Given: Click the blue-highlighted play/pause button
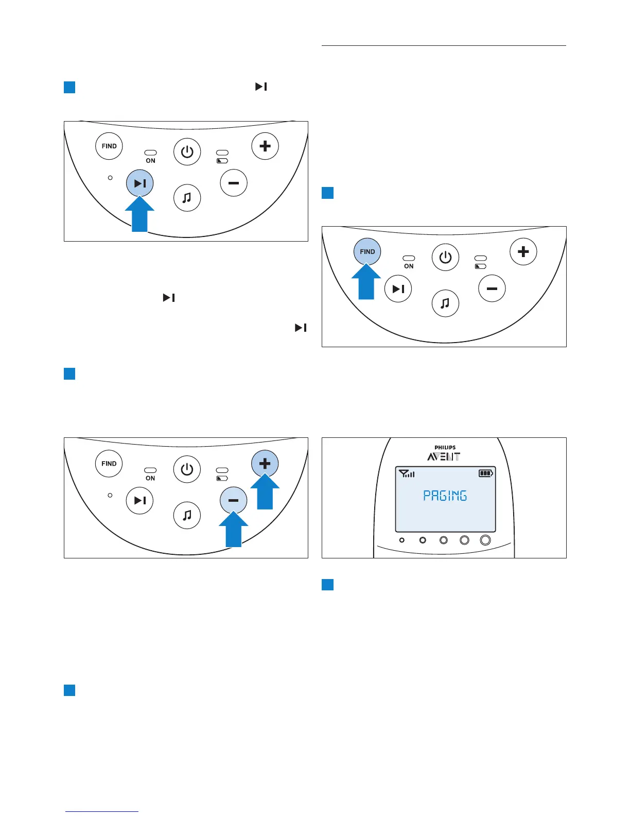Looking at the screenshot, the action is coord(140,183).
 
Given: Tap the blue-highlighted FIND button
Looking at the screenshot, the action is coord(367,252).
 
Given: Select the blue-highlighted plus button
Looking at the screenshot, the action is coord(265,463).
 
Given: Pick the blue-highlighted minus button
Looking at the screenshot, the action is coord(234,500).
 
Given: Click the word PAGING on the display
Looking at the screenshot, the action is coord(445,496).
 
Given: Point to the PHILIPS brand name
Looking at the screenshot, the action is coord(445,448).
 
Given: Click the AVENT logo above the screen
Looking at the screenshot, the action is coord(444,456).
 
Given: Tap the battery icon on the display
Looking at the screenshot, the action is coord(485,473).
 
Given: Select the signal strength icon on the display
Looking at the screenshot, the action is coord(407,473).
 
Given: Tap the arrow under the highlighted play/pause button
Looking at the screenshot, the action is coord(139,215).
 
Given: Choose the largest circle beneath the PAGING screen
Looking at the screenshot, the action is coord(485,540).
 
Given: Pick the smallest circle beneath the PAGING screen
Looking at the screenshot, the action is coord(402,540).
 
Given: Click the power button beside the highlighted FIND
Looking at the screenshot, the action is coord(445,257).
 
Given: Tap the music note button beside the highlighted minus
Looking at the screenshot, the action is coord(187,515).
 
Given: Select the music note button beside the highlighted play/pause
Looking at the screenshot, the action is coord(187,198).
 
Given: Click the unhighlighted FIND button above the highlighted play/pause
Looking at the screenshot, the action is coord(109,146).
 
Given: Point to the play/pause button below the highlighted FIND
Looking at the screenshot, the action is coord(398,288).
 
